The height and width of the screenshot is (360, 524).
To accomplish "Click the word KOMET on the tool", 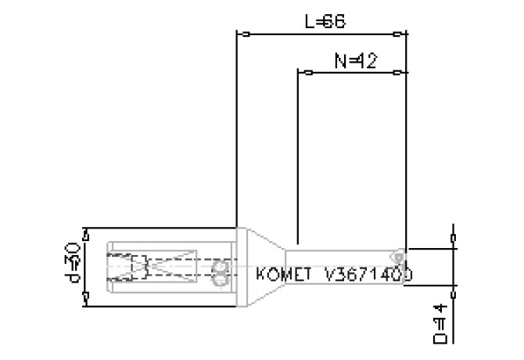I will pyautogui.click(x=286, y=275).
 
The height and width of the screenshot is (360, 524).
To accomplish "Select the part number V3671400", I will pyautogui.click(x=368, y=275).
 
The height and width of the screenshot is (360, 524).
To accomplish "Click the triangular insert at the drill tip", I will pyautogui.click(x=400, y=255).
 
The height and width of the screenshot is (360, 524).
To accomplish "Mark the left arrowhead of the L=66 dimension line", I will pyautogui.click(x=244, y=34).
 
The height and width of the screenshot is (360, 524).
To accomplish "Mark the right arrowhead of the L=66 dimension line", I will pyautogui.click(x=400, y=34).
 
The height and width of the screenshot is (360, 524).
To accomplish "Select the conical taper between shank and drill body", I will pyautogui.click(x=264, y=266).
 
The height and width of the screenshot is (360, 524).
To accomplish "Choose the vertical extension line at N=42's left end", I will pyautogui.click(x=298, y=157).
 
